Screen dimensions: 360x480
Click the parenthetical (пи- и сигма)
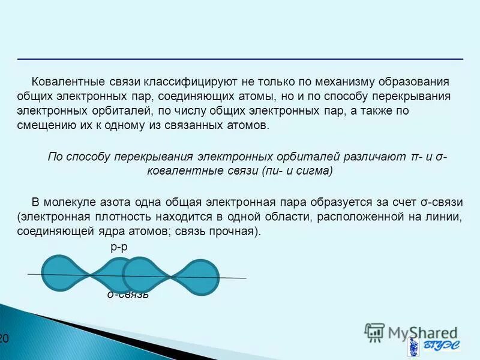click(297, 171)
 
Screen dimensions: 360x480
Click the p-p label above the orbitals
click(119, 247)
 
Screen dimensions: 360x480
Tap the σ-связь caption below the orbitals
click(128, 295)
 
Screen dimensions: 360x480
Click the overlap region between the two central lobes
click(128, 275)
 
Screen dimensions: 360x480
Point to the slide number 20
click(4, 339)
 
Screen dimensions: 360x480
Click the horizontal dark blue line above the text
click(240, 59)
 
